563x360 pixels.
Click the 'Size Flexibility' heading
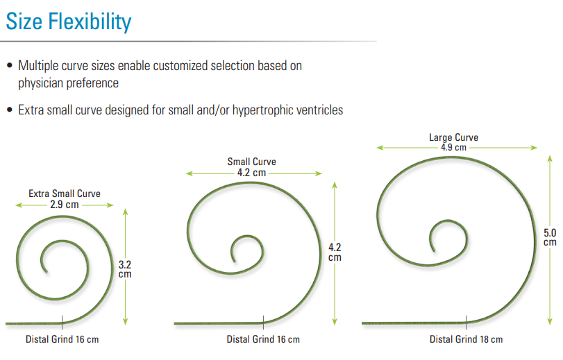(x=69, y=22)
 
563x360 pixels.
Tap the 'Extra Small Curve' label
(x=65, y=194)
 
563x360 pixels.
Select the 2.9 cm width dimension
(x=65, y=205)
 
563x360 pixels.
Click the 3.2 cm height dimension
(x=125, y=269)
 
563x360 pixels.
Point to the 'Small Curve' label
(x=252, y=162)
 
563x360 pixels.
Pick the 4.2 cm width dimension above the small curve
(x=252, y=173)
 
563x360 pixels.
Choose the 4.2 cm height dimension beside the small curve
(x=335, y=252)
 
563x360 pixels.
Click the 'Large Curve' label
(x=453, y=137)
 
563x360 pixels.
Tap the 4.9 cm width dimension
(x=453, y=147)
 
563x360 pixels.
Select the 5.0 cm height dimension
(x=550, y=237)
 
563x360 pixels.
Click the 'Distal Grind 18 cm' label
(x=466, y=339)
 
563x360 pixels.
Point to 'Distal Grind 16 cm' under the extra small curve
(x=62, y=339)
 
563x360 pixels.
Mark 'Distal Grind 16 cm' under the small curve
(x=263, y=339)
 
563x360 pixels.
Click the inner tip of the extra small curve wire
(x=47, y=273)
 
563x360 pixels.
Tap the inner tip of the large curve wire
(x=434, y=251)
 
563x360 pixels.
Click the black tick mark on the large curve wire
(x=466, y=323)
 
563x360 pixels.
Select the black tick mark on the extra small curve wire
(x=62, y=323)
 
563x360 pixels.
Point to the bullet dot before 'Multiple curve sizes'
(x=10, y=65)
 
